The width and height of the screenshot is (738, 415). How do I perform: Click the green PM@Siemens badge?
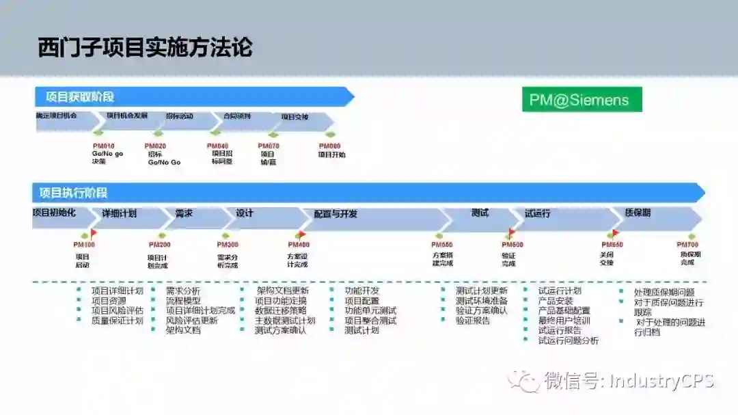(582, 100)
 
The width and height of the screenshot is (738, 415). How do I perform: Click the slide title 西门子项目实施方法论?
(145, 48)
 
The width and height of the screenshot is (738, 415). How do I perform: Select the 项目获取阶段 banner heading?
(79, 97)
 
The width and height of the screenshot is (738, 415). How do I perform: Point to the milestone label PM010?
(103, 146)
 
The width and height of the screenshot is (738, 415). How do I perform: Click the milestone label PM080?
(329, 146)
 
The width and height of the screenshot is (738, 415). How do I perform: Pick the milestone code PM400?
(299, 245)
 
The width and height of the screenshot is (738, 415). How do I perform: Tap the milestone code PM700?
(687, 245)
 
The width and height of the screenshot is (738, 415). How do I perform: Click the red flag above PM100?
(94, 234)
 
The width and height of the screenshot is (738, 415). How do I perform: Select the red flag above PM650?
(615, 234)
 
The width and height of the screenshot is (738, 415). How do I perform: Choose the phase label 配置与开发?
(336, 214)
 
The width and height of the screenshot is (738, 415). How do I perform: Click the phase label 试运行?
(538, 213)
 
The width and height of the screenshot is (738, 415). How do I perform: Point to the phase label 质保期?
(638, 213)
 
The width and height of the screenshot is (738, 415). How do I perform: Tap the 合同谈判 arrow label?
(237, 116)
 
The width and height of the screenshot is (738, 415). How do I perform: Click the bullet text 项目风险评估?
(118, 310)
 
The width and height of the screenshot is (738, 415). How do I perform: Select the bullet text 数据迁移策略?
(281, 310)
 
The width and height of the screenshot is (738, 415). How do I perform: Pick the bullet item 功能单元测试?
(370, 310)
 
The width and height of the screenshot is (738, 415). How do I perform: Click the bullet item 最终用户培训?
(564, 320)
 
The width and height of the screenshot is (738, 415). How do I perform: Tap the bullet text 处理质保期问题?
(664, 292)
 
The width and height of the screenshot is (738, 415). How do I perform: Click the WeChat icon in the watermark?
(523, 380)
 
